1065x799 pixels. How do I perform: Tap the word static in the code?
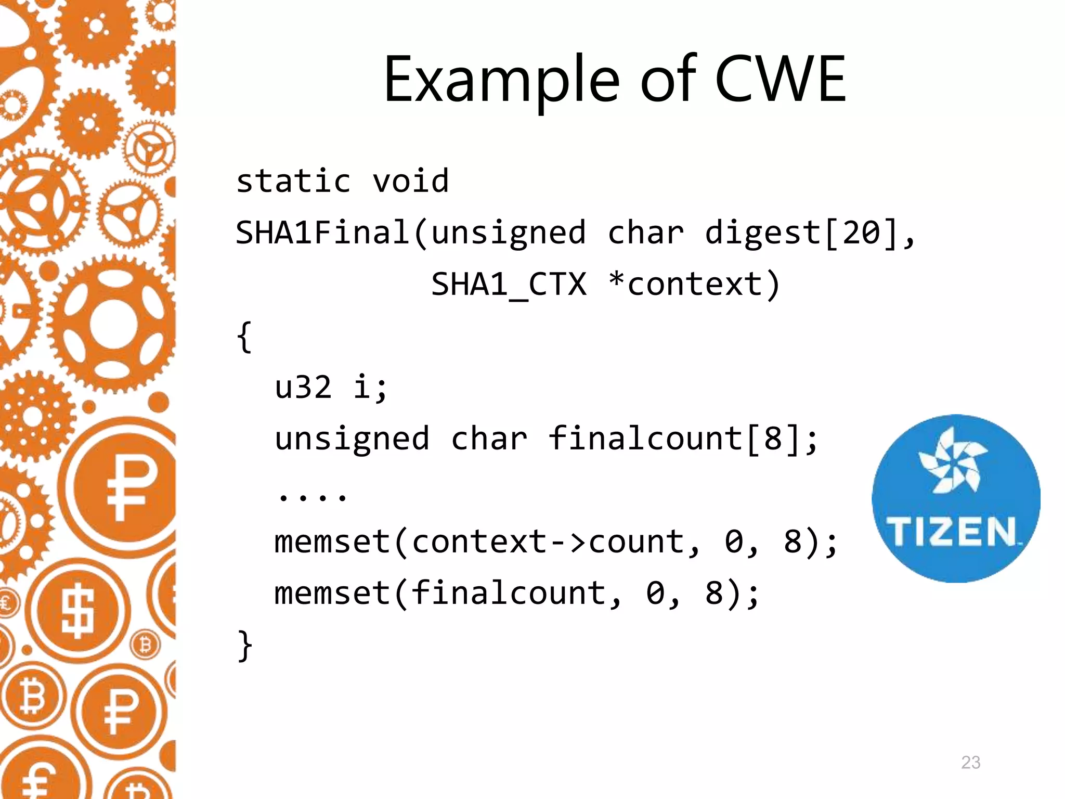click(294, 181)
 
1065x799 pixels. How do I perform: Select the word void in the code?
click(411, 181)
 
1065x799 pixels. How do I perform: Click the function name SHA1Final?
click(323, 232)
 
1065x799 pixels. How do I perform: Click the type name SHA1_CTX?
click(509, 284)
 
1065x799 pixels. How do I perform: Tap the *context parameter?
click(694, 284)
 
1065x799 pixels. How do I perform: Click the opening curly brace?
click(244, 337)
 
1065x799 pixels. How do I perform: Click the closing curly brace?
click(244, 646)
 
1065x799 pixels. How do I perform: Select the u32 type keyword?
click(303, 388)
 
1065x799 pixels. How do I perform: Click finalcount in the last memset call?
click(508, 593)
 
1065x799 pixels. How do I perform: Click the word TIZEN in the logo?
click(951, 531)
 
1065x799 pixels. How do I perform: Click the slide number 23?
click(970, 762)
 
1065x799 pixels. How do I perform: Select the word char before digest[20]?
click(645, 232)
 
